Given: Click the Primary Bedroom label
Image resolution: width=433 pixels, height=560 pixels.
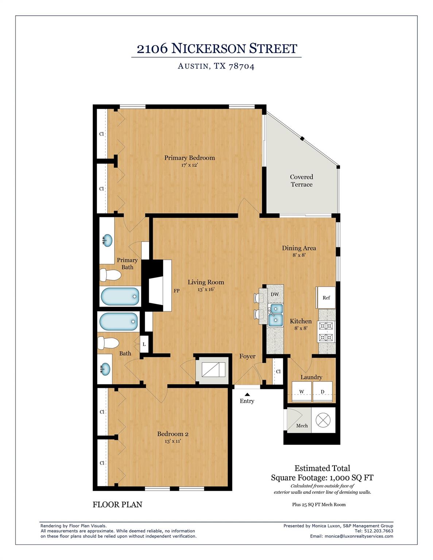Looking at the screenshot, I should click(189, 158).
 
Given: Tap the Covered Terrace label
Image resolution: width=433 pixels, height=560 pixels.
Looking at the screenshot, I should click(301, 180).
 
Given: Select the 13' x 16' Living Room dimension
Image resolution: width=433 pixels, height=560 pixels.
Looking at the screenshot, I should click(206, 289).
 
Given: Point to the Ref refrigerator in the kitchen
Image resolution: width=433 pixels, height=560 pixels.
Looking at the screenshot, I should click(326, 297).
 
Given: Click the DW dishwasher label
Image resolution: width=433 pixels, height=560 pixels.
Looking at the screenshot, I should click(275, 294).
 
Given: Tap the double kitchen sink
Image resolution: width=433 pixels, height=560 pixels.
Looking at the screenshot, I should click(275, 315).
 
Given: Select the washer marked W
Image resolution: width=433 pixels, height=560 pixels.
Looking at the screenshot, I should click(302, 392).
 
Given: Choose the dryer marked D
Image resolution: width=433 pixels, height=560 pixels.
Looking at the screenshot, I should click(322, 392).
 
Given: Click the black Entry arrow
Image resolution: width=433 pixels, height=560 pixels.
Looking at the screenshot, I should click(247, 394).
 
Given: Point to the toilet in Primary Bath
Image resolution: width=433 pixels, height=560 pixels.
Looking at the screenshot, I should click(110, 275).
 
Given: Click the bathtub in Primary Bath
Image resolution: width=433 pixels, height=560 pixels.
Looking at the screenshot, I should click(120, 296).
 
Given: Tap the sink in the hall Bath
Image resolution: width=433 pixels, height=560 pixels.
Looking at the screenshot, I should click(105, 369).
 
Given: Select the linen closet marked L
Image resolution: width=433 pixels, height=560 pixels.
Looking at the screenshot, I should click(144, 344).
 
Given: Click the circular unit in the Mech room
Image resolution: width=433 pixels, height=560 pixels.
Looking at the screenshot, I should click(322, 420).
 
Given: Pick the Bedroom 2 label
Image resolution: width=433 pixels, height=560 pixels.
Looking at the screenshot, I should click(173, 434).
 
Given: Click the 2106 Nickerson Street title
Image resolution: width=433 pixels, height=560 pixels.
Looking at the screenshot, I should click(217, 48).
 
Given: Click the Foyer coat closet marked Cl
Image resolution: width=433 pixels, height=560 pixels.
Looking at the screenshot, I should click(278, 372).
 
